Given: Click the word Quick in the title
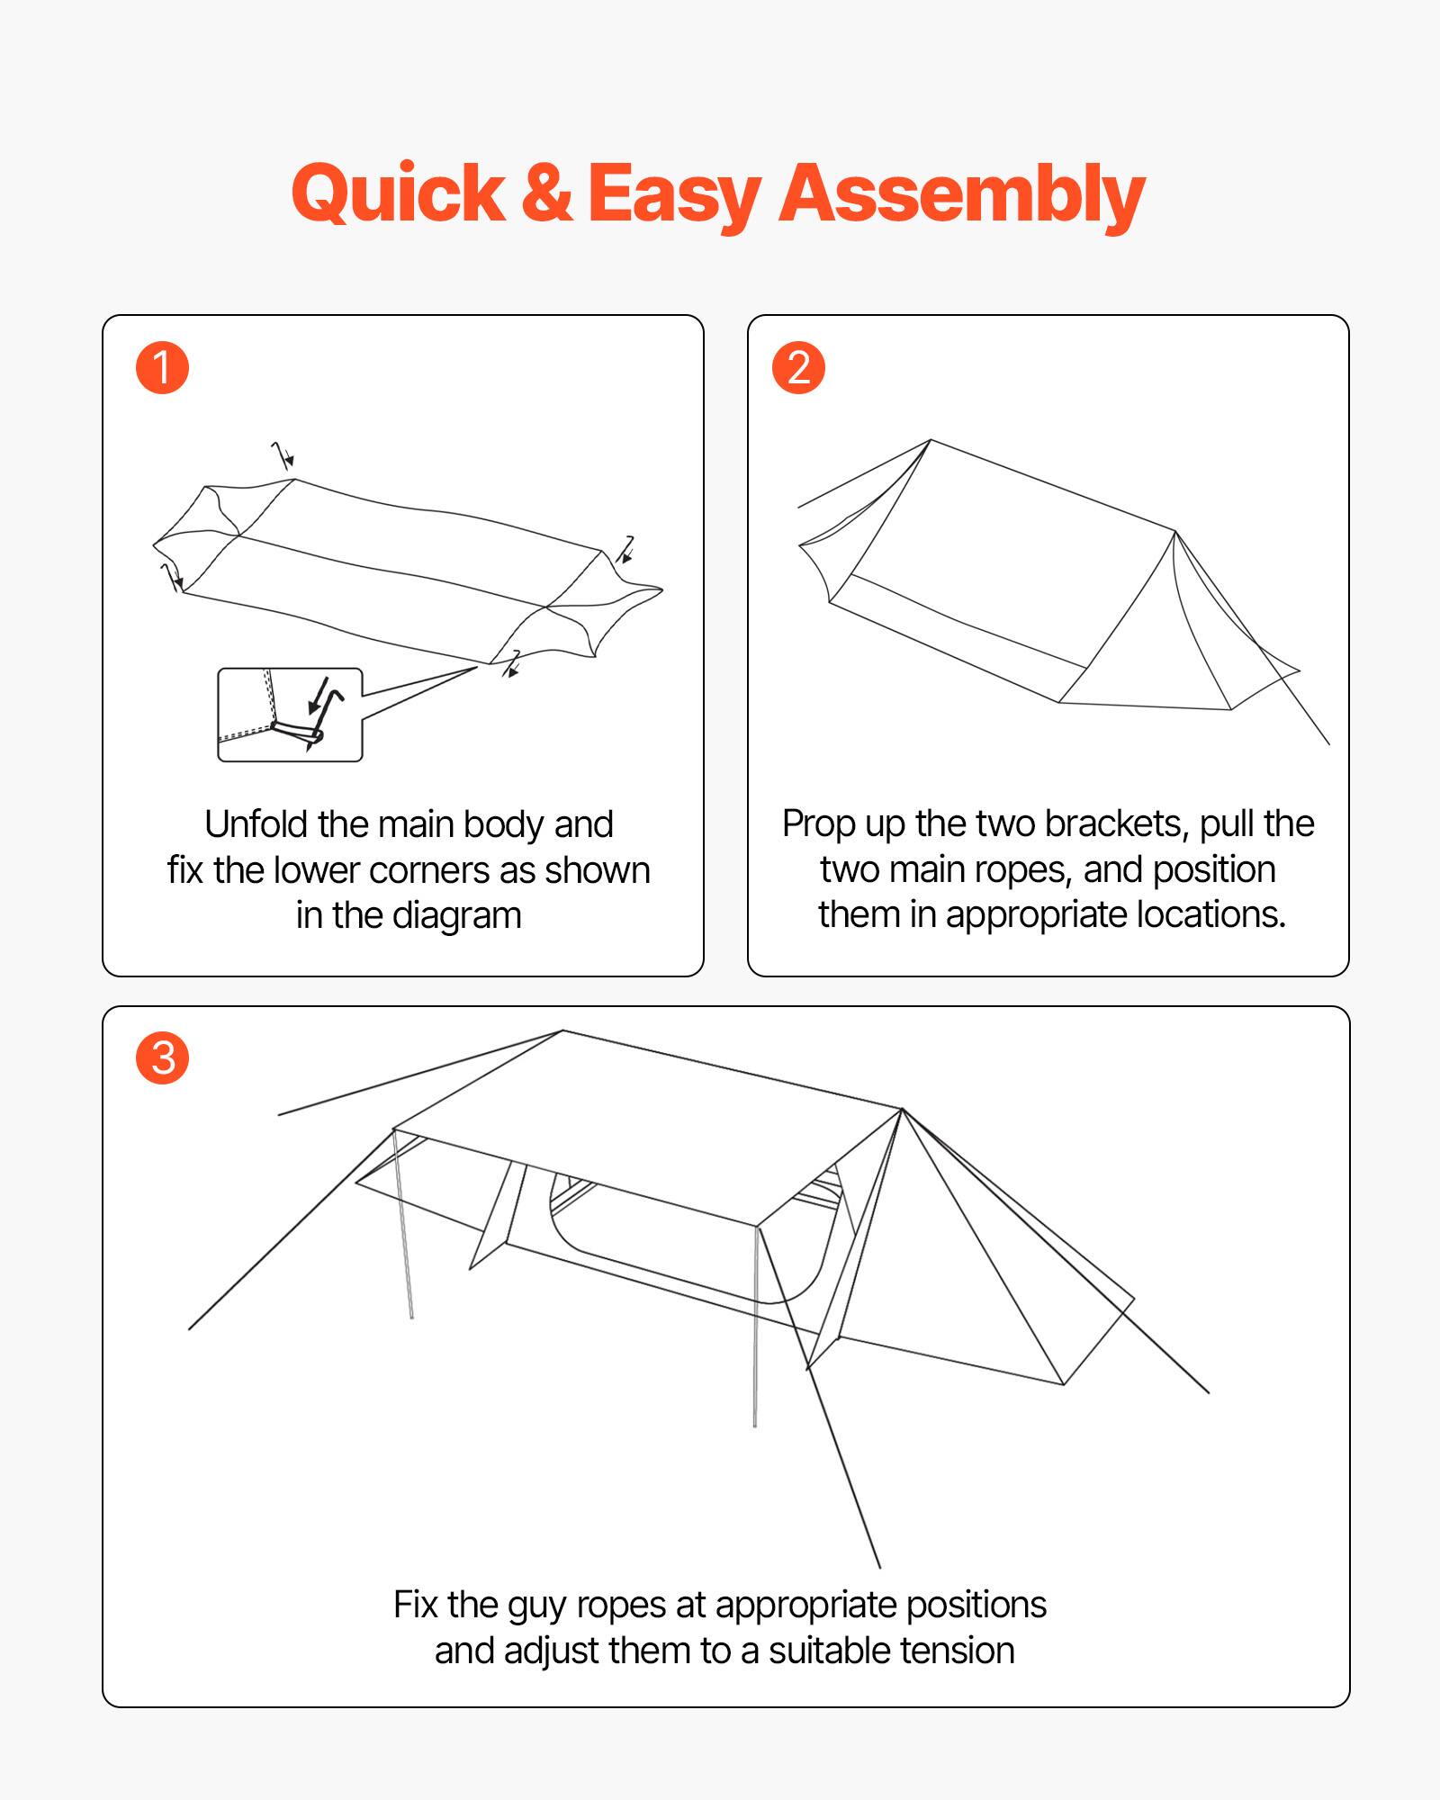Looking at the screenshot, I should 399,194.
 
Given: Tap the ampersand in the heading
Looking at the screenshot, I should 546,193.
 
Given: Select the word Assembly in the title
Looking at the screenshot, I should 961,194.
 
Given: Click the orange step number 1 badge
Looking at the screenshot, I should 162,368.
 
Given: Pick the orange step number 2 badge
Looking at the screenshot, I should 798,368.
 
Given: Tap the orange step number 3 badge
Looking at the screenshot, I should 163,1057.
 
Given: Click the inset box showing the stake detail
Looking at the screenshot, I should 290,715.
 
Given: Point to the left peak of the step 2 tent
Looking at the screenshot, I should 931,441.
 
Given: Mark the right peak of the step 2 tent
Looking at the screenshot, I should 1175,532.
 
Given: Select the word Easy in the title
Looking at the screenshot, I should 675,194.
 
